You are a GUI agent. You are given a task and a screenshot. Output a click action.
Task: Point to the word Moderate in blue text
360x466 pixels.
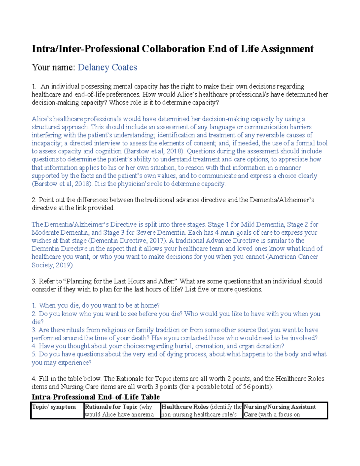[45, 233]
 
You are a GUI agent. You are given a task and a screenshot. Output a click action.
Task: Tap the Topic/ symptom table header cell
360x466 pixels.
[54, 407]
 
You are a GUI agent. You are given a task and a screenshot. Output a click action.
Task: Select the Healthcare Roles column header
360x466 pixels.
[185, 407]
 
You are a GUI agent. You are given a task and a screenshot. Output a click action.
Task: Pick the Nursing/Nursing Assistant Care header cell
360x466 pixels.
[280, 407]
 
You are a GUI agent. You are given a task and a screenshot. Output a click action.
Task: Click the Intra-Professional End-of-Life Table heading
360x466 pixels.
[96, 397]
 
